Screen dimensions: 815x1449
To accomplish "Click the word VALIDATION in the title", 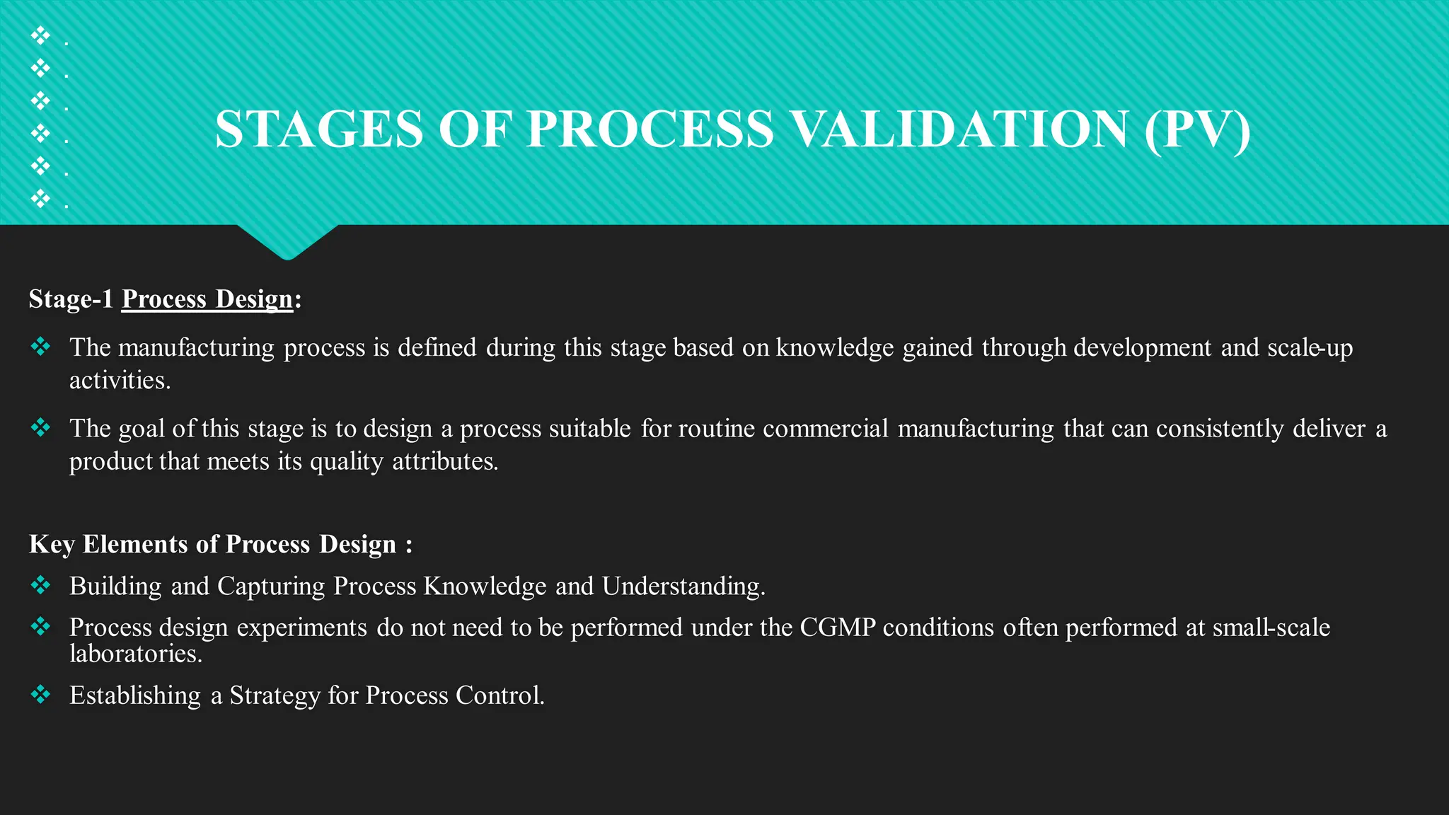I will (959, 129).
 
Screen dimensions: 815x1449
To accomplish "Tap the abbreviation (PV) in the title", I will (1197, 129).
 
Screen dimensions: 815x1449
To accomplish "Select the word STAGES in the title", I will (319, 129).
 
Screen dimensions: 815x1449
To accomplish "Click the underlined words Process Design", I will (207, 299).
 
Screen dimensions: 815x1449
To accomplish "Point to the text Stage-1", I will (71, 299).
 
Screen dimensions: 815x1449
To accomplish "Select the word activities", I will (120, 381).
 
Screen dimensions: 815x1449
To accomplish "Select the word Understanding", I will (683, 586).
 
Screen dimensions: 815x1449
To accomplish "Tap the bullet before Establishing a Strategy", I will (41, 695).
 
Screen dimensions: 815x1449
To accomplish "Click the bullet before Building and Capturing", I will (41, 585).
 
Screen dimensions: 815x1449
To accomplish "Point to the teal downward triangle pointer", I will (287, 241).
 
